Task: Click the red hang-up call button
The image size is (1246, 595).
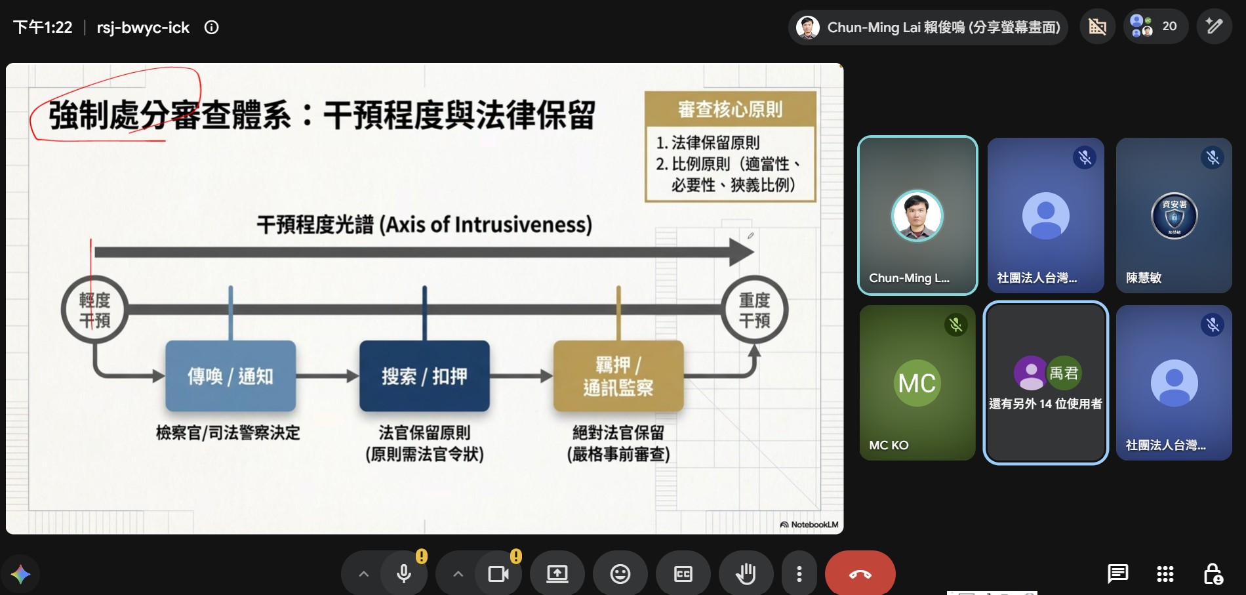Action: pos(860,574)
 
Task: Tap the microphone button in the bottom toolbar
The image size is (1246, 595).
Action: pos(404,574)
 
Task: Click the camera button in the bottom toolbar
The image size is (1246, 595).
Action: pos(498,574)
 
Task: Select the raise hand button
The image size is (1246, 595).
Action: pos(746,574)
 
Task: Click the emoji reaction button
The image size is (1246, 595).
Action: pos(620,574)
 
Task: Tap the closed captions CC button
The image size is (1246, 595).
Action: pos(683,574)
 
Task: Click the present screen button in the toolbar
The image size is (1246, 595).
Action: pos(557,574)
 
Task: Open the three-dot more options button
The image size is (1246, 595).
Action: pos(799,574)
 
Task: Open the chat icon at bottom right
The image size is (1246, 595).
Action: pos(1117,574)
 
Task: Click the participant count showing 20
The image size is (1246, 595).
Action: pos(1156,26)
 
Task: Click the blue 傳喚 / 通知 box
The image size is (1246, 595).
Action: pos(230,376)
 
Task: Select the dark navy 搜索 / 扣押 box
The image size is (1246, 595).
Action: pos(424,376)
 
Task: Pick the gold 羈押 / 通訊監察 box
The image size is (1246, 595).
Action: pos(618,376)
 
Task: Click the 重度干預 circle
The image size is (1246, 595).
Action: pos(755,310)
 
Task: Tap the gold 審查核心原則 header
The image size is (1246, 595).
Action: pos(731,109)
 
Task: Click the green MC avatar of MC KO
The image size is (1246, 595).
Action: pos(917,383)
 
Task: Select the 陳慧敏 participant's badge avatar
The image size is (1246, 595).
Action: pos(1174,216)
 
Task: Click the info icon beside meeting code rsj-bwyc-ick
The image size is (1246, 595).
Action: pos(211,28)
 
